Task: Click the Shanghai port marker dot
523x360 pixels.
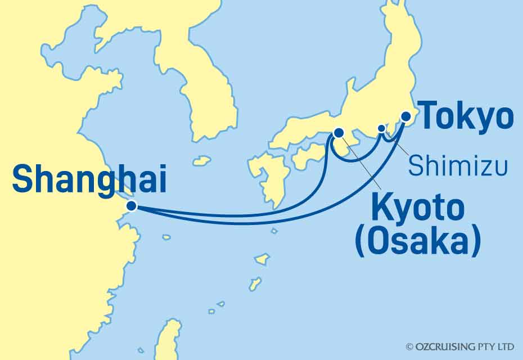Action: pyautogui.click(x=132, y=206)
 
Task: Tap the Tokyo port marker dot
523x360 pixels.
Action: pyautogui.click(x=405, y=116)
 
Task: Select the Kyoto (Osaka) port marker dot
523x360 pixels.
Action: pyautogui.click(x=339, y=133)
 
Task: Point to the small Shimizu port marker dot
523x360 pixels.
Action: pyautogui.click(x=381, y=128)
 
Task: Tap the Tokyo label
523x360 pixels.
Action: pyautogui.click(x=467, y=117)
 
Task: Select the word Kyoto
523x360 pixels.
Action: pyautogui.click(x=417, y=211)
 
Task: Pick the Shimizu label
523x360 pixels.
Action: pyautogui.click(x=457, y=166)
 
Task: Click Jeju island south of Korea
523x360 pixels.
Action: pyautogui.click(x=201, y=161)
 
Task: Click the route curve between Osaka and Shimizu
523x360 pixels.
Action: pyautogui.click(x=354, y=161)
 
